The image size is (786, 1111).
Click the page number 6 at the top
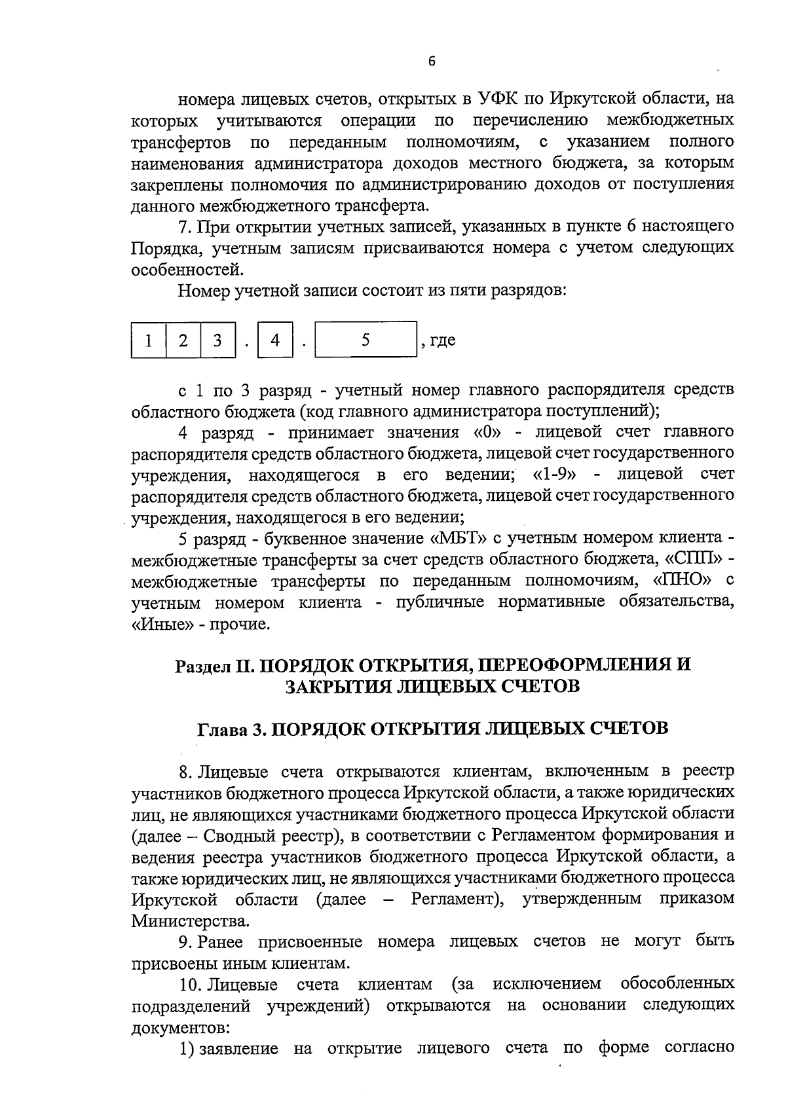(x=431, y=61)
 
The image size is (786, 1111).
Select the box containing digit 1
(x=149, y=340)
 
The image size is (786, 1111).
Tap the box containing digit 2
(x=183, y=340)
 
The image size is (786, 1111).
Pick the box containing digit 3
(x=217, y=340)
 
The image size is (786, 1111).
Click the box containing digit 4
(x=275, y=340)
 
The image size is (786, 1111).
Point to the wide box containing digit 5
(x=365, y=340)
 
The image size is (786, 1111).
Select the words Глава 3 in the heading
(x=231, y=729)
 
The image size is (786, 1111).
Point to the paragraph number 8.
(x=185, y=771)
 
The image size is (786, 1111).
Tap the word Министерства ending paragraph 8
(x=191, y=922)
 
